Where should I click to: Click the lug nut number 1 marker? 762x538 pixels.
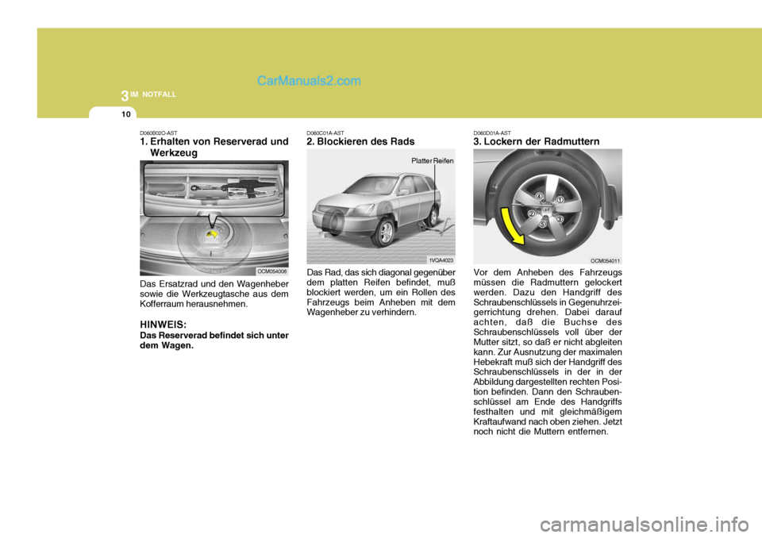(x=560, y=200)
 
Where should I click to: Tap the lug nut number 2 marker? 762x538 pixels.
(x=531, y=213)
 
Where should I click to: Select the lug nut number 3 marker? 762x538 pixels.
(x=560, y=218)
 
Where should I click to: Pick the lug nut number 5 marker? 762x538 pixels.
(x=543, y=225)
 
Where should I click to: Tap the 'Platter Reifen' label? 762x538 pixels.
(x=432, y=160)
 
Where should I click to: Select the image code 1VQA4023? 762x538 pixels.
(x=441, y=259)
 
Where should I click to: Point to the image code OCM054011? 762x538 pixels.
(x=605, y=259)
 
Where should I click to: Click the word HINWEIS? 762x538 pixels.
(x=164, y=324)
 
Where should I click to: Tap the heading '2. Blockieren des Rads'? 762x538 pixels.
(x=360, y=141)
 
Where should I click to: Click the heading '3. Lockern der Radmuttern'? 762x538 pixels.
(x=537, y=141)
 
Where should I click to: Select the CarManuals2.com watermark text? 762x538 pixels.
(x=309, y=80)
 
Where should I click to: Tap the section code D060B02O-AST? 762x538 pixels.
(x=158, y=133)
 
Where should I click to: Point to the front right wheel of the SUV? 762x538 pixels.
(x=385, y=232)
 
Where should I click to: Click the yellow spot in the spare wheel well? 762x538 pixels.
(x=213, y=234)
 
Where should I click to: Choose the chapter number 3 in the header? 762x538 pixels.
(x=125, y=97)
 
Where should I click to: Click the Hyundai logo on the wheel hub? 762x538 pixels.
(x=547, y=209)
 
